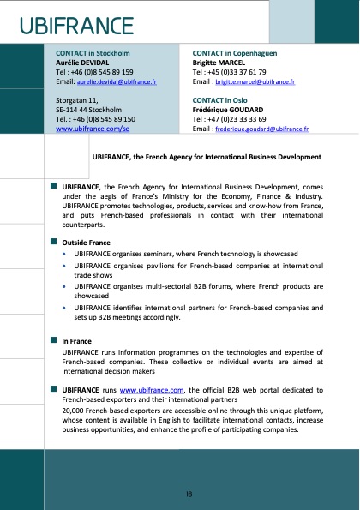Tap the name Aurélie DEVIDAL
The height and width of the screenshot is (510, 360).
tap(82, 63)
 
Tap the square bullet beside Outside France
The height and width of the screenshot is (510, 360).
tap(53, 242)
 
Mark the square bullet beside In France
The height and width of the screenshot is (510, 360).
tap(53, 340)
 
